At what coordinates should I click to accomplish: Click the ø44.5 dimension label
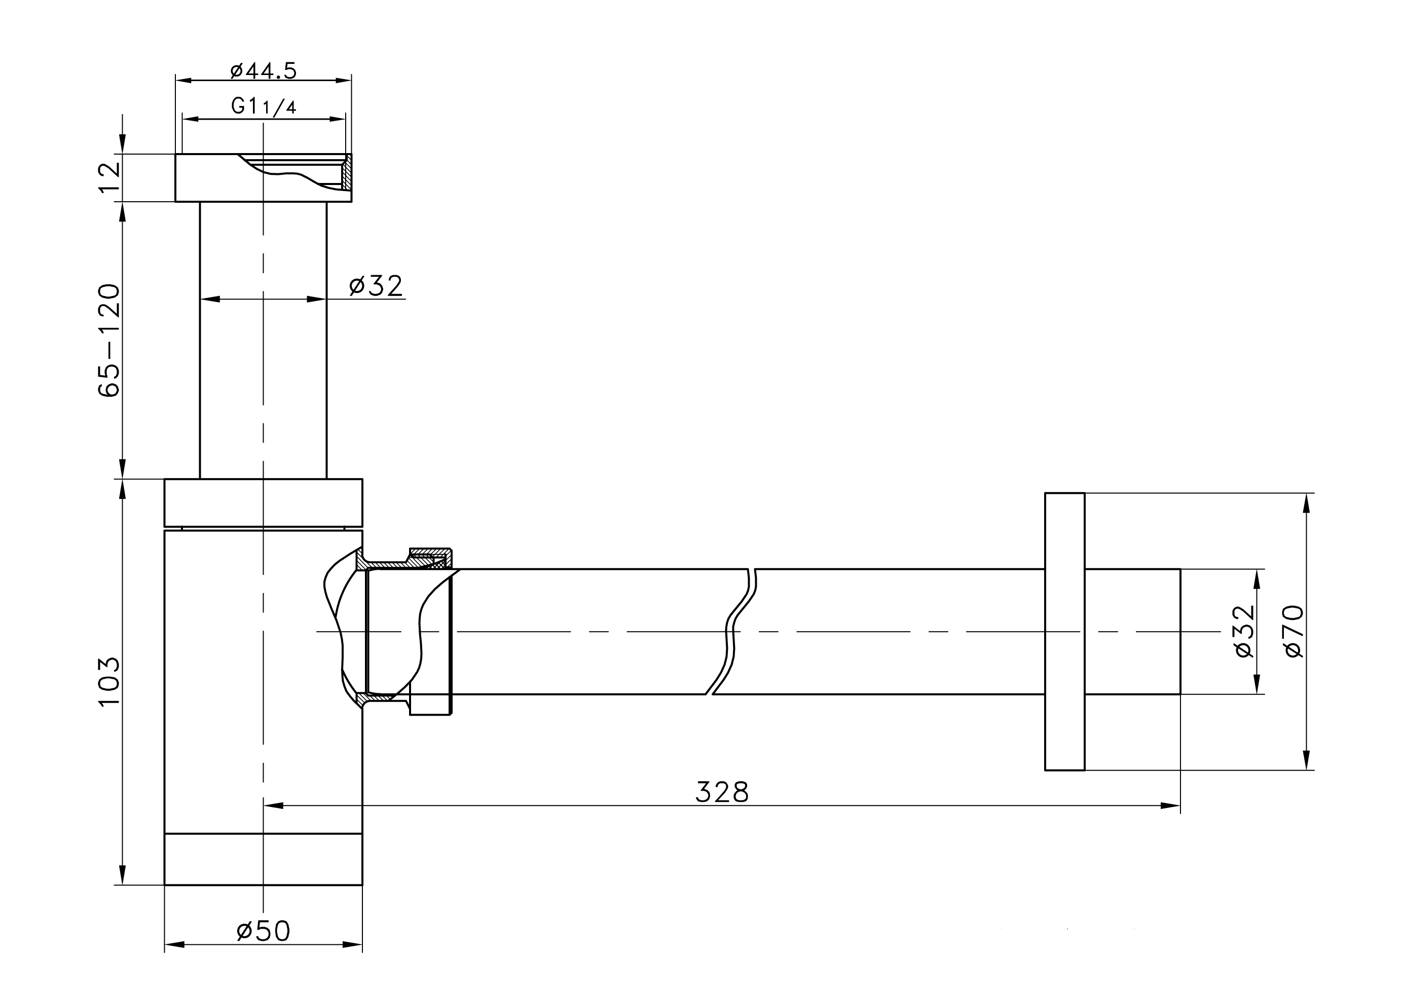(264, 71)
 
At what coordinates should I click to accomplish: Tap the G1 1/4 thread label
(264, 106)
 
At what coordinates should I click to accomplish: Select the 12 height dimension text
(110, 177)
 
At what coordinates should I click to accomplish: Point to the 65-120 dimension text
(110, 340)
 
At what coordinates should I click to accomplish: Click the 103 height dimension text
(110, 682)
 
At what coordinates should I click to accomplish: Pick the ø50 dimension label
(264, 931)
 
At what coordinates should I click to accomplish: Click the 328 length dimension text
(721, 792)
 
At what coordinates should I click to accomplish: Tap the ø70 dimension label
(1294, 631)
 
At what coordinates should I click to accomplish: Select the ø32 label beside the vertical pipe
(376, 285)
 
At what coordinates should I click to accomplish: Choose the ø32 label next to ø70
(1244, 631)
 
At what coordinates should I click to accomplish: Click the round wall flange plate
(1064, 631)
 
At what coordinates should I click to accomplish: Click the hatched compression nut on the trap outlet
(430, 557)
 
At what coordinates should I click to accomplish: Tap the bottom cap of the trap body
(264, 859)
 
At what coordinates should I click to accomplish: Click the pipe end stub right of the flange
(1132, 631)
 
